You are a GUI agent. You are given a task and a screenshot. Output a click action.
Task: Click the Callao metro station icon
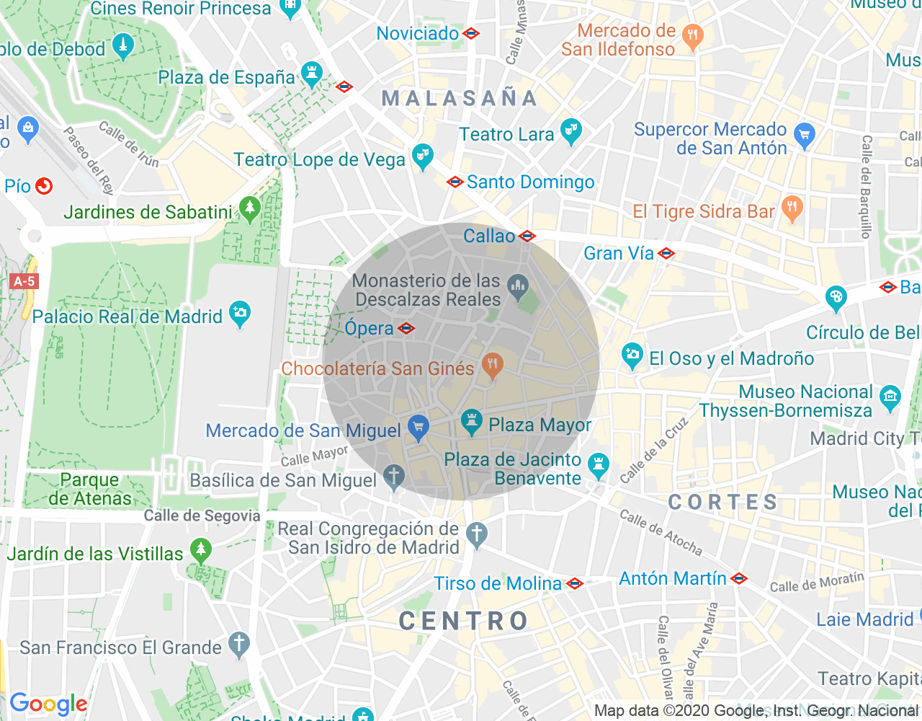(527, 236)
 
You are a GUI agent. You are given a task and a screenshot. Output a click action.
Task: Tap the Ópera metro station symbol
(406, 329)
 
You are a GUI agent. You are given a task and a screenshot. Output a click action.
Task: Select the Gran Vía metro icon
(666, 253)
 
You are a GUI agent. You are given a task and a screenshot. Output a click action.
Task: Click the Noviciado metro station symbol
(471, 33)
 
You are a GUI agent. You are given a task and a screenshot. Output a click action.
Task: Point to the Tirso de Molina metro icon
(575, 583)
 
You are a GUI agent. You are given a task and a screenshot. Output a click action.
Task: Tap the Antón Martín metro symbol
(739, 578)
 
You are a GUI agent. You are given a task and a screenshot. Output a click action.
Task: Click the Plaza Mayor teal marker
(472, 422)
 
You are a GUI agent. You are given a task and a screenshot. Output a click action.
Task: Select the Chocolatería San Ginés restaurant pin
(493, 365)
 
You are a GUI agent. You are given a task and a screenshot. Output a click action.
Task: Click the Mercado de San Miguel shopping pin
(418, 428)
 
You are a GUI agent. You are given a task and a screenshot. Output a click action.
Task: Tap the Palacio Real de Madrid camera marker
(239, 314)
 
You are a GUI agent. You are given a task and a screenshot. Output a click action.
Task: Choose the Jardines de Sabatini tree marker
(250, 209)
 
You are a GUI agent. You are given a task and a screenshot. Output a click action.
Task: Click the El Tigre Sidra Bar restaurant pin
(792, 208)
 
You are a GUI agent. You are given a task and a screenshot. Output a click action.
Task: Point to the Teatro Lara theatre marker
(570, 131)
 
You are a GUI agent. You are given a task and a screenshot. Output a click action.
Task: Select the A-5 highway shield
(24, 281)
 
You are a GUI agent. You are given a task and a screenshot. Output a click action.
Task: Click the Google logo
(48, 704)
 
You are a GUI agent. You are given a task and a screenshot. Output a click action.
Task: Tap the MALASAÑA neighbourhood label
(460, 98)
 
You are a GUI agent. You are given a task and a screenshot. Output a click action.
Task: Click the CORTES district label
(723, 502)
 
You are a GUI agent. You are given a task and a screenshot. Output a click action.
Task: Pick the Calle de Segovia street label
(202, 516)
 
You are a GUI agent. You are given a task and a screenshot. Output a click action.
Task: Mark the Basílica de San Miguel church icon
(393, 477)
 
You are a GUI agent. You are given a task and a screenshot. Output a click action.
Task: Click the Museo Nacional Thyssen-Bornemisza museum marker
(890, 397)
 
